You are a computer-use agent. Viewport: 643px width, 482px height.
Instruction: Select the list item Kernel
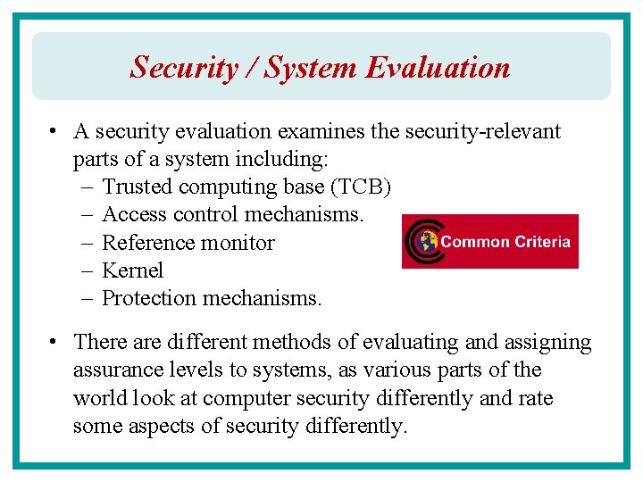pos(133,270)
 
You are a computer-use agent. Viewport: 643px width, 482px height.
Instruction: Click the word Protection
pos(148,298)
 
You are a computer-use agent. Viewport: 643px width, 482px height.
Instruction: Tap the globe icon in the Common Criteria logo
pos(427,241)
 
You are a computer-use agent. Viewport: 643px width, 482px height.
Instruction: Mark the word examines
pos(321,131)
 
